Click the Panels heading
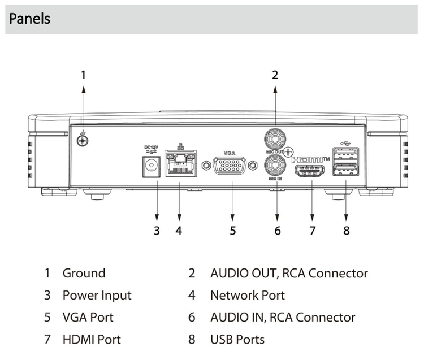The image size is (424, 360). [30, 19]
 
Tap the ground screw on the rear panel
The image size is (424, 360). [83, 138]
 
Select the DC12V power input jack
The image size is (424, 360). [151, 166]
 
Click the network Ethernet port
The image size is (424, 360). [179, 164]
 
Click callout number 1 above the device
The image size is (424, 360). [84, 74]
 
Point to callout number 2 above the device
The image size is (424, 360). [275, 74]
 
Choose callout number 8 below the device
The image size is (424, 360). [346, 231]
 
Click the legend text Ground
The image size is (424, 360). [84, 274]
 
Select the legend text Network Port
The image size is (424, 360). [248, 295]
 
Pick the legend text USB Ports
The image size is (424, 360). [237, 340]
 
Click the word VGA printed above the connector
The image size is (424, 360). [228, 153]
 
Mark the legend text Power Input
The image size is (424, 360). [97, 295]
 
